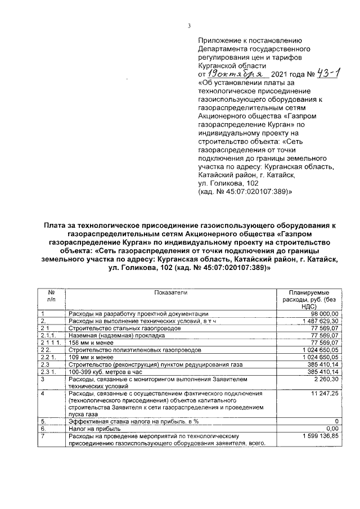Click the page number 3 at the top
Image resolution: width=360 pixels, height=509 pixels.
pos(190,25)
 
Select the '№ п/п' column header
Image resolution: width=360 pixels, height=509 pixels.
pos(51,296)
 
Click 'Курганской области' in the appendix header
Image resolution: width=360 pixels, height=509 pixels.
pos(231,66)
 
